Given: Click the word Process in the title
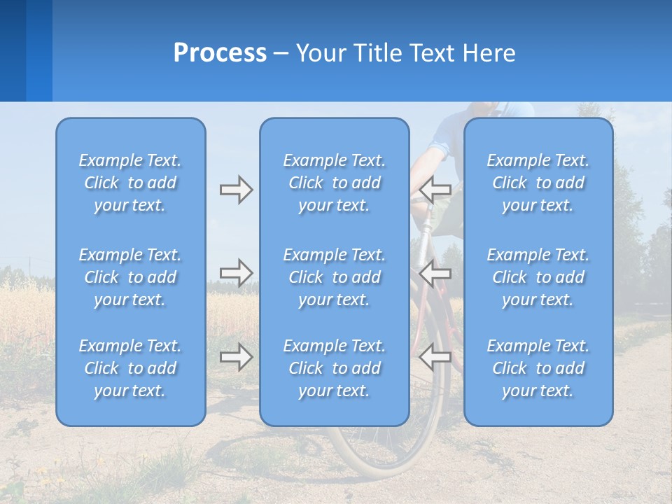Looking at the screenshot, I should [x=220, y=53].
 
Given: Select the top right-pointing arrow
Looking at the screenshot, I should [x=236, y=190].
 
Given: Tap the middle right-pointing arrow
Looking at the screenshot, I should [x=236, y=273].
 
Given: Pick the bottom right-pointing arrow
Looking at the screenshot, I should [x=236, y=357].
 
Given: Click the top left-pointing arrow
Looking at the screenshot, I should [x=435, y=190].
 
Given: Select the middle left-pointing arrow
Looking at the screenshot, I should [x=435, y=273].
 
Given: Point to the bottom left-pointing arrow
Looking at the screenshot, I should [x=435, y=357].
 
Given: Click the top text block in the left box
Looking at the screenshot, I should [x=130, y=183].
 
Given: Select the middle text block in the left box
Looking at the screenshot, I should [x=130, y=277].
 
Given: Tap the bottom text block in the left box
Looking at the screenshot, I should [x=130, y=368].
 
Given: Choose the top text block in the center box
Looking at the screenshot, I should [x=334, y=183].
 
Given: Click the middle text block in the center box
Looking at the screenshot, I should [x=334, y=277].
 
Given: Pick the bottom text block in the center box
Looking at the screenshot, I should [x=334, y=368].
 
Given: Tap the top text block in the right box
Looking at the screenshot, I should [x=538, y=183].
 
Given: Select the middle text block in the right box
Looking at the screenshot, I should [x=538, y=277].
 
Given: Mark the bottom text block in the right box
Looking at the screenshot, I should [x=538, y=368].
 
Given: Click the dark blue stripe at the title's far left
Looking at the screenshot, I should [x=13, y=50].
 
